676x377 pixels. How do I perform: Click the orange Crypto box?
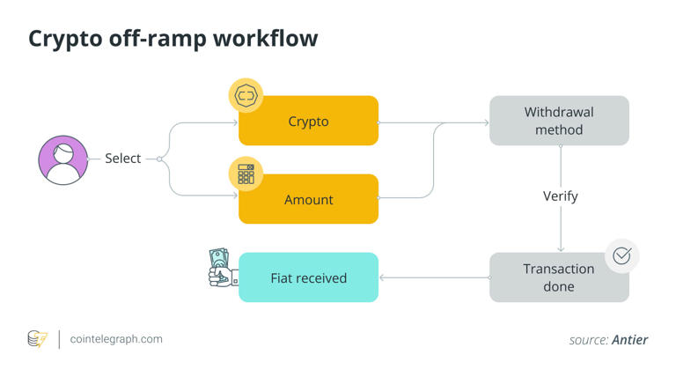point(308,121)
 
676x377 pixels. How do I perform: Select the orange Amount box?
point(308,199)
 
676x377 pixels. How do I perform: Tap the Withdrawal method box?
point(559,121)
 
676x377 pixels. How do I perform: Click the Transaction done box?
point(559,277)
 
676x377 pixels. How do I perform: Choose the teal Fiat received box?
point(308,277)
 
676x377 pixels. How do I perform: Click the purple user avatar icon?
point(63,159)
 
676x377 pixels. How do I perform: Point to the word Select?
point(122,159)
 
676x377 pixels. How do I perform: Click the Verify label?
point(560,196)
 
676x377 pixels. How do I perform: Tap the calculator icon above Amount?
point(246,174)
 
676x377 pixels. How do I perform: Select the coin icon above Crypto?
point(246,95)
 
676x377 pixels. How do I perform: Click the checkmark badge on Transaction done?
point(621,255)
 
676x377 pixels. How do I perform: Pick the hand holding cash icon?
point(221,268)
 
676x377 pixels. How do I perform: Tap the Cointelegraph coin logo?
point(37,339)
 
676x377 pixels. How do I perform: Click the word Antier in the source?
point(629,340)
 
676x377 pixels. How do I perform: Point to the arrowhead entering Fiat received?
point(383,277)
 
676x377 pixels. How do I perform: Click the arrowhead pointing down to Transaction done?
point(561,249)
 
